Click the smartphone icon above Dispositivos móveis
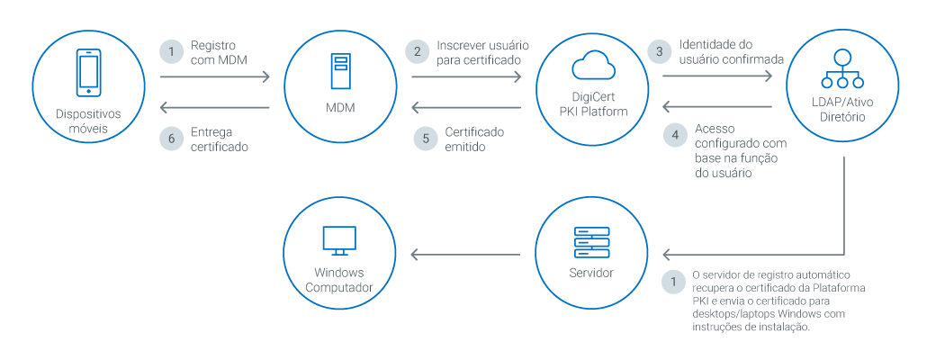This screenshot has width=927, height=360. [88, 73]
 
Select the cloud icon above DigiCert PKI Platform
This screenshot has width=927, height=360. [592, 66]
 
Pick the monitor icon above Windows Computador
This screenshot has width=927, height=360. [340, 240]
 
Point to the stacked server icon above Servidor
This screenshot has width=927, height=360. [591, 241]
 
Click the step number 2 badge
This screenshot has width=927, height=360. [417, 51]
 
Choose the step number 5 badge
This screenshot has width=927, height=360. [425, 139]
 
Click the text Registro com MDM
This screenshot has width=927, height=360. [218, 52]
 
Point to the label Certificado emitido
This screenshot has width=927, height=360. [474, 139]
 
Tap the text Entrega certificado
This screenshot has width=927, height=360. [220, 139]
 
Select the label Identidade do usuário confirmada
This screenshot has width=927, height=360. [732, 51]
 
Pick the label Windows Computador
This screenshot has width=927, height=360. [339, 280]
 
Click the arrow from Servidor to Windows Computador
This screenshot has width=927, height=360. [465, 256]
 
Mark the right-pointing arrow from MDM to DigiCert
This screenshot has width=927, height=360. [466, 77]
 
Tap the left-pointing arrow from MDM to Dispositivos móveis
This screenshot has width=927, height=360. [215, 109]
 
